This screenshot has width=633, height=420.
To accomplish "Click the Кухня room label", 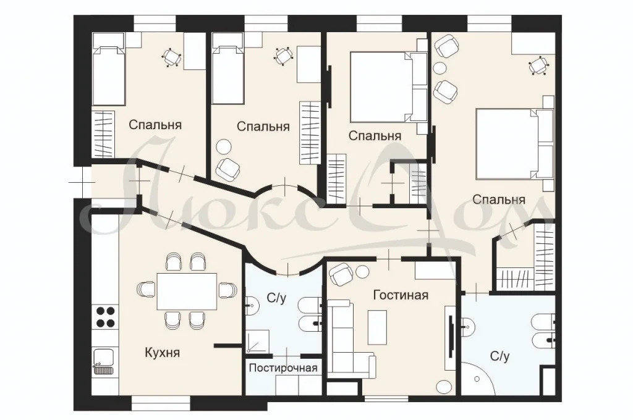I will [162, 353].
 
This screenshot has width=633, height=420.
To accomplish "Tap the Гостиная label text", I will [401, 295].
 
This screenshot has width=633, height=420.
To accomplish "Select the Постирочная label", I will [283, 369].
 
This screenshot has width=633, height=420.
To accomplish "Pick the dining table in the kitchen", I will [186, 290].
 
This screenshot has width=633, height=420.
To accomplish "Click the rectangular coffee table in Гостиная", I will [376, 327].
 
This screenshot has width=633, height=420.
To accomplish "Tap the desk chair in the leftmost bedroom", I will [171, 57].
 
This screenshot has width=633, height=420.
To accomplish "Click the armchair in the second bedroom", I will [228, 167].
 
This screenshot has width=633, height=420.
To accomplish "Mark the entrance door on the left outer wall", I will [79, 182].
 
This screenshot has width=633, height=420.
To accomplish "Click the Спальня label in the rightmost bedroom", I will [499, 199].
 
